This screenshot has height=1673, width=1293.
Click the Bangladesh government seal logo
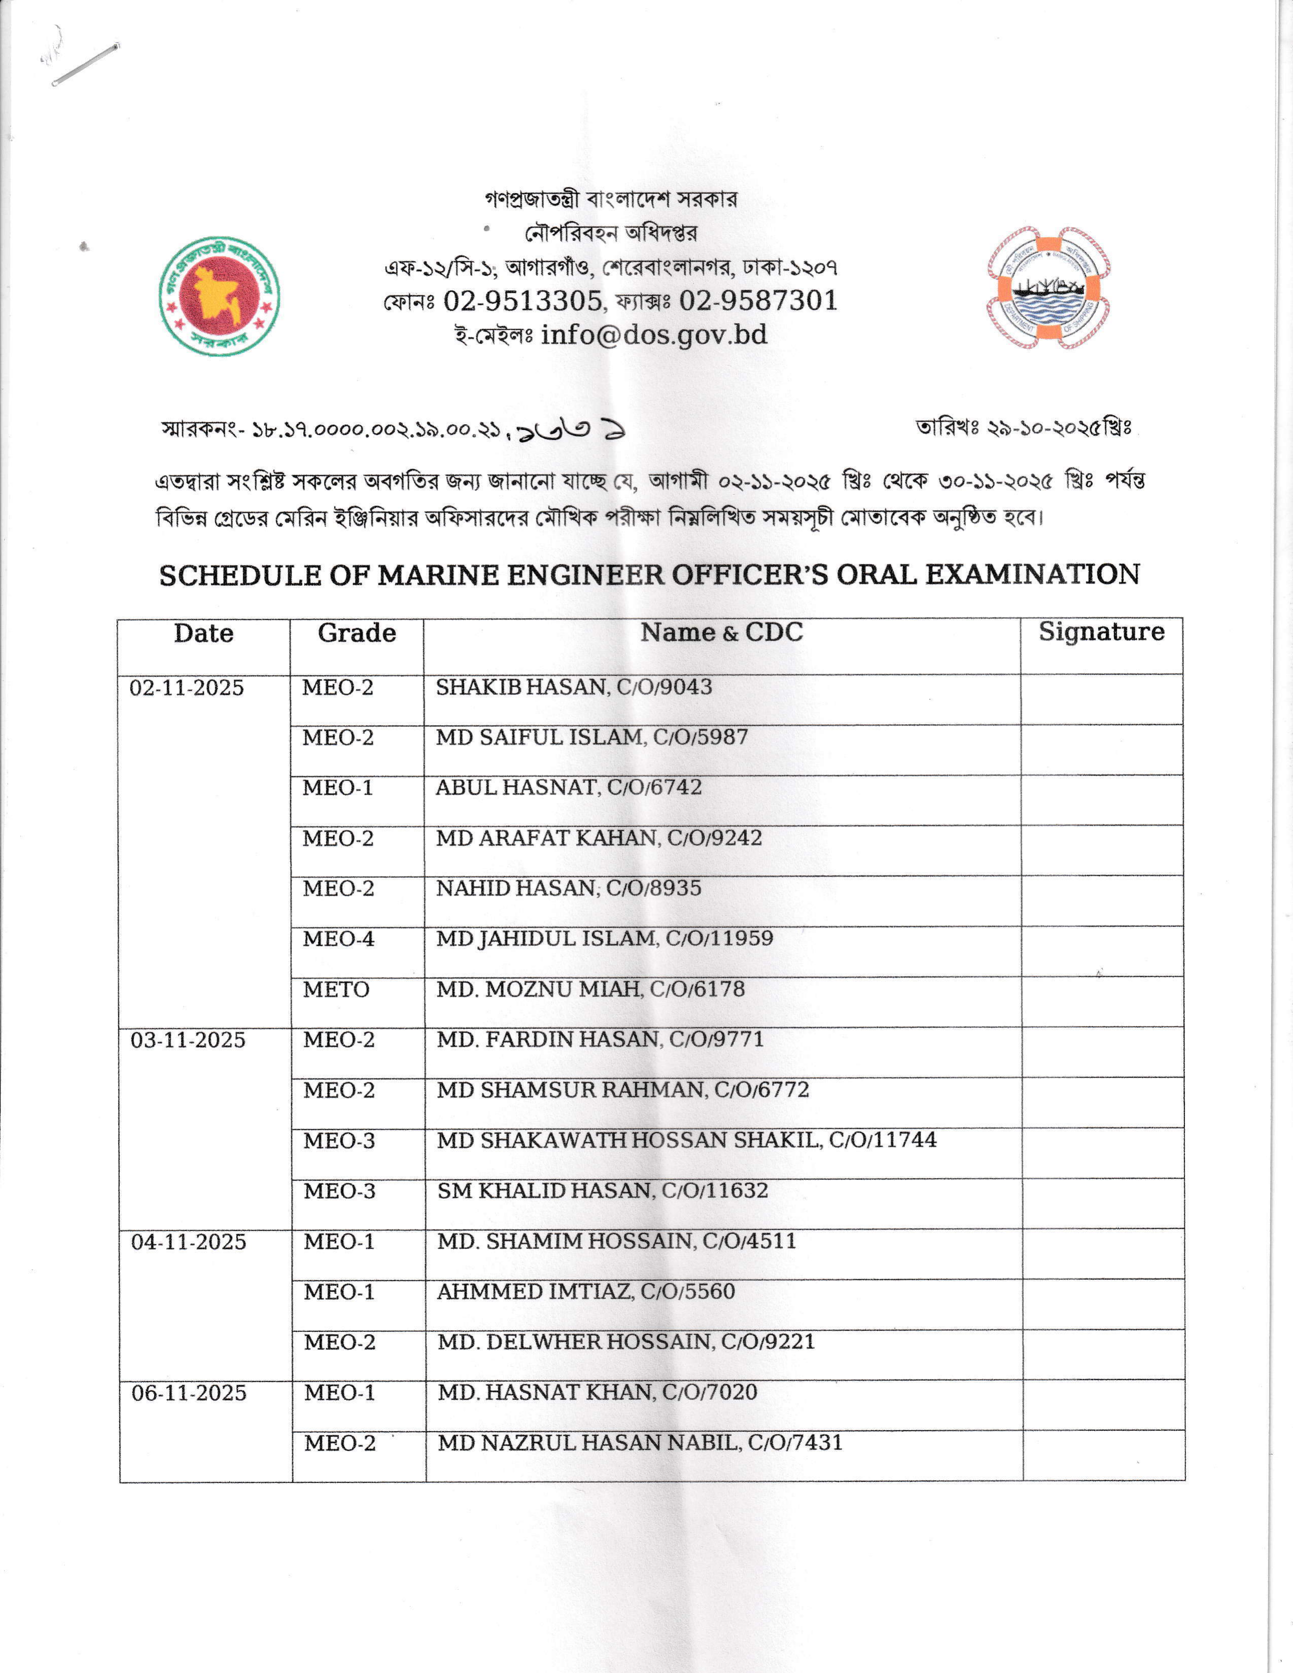pyautogui.click(x=219, y=295)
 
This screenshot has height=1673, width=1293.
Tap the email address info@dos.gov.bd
pyautogui.click(x=654, y=335)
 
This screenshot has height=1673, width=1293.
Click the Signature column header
pyautogui.click(x=1101, y=632)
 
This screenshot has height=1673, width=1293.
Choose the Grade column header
pyautogui.click(x=357, y=633)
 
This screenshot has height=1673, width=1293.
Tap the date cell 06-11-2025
pyautogui.click(x=189, y=1393)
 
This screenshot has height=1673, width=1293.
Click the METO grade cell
pyautogui.click(x=337, y=990)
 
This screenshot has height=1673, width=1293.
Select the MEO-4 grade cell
pyautogui.click(x=339, y=939)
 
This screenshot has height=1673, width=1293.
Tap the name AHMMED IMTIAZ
pyautogui.click(x=535, y=1291)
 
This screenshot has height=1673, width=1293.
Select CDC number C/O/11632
pyautogui.click(x=714, y=1191)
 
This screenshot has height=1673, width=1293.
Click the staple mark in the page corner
pyautogui.click(x=85, y=63)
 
